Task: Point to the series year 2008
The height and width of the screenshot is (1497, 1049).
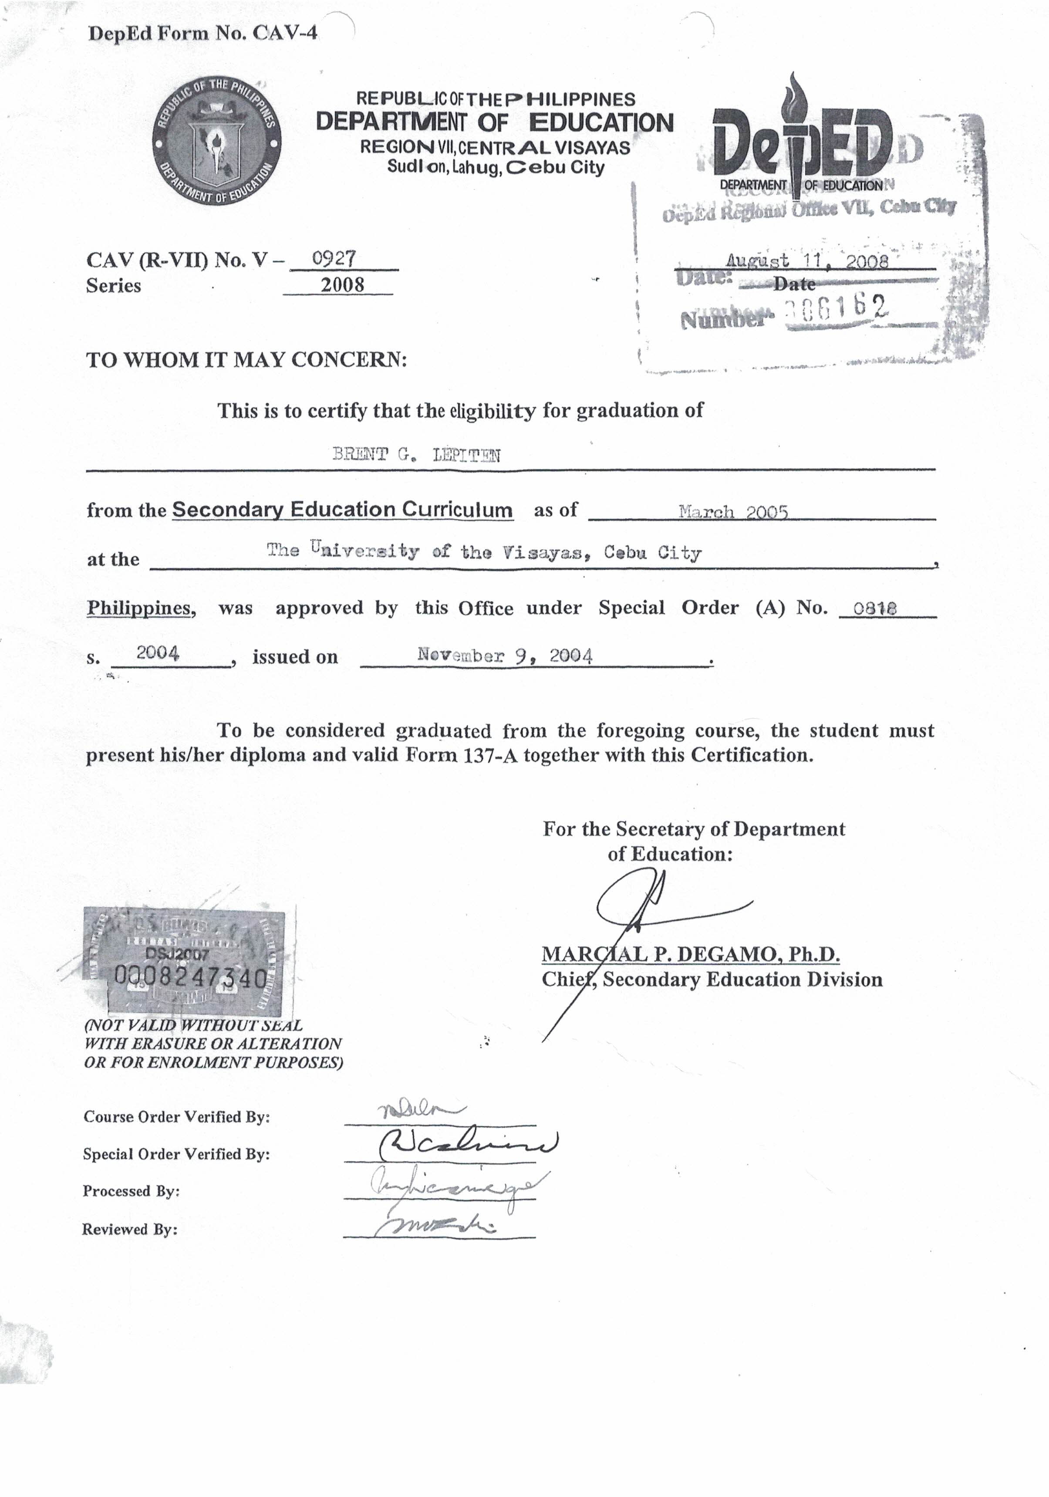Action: point(342,284)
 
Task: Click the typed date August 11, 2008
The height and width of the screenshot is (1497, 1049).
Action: point(807,261)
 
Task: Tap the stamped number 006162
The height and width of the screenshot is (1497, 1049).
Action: point(838,307)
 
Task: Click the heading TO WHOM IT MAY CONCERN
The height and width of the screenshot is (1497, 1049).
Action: point(246,359)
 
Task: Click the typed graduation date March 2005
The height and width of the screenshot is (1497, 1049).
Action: point(733,511)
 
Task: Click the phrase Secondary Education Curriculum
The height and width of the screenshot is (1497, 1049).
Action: point(342,509)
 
